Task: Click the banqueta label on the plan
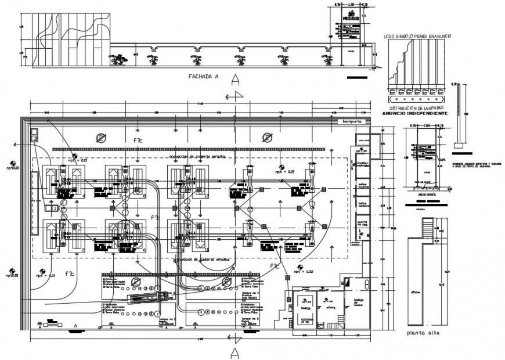(352, 121)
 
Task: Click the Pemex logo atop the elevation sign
(351, 15)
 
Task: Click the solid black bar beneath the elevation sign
(356, 77)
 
